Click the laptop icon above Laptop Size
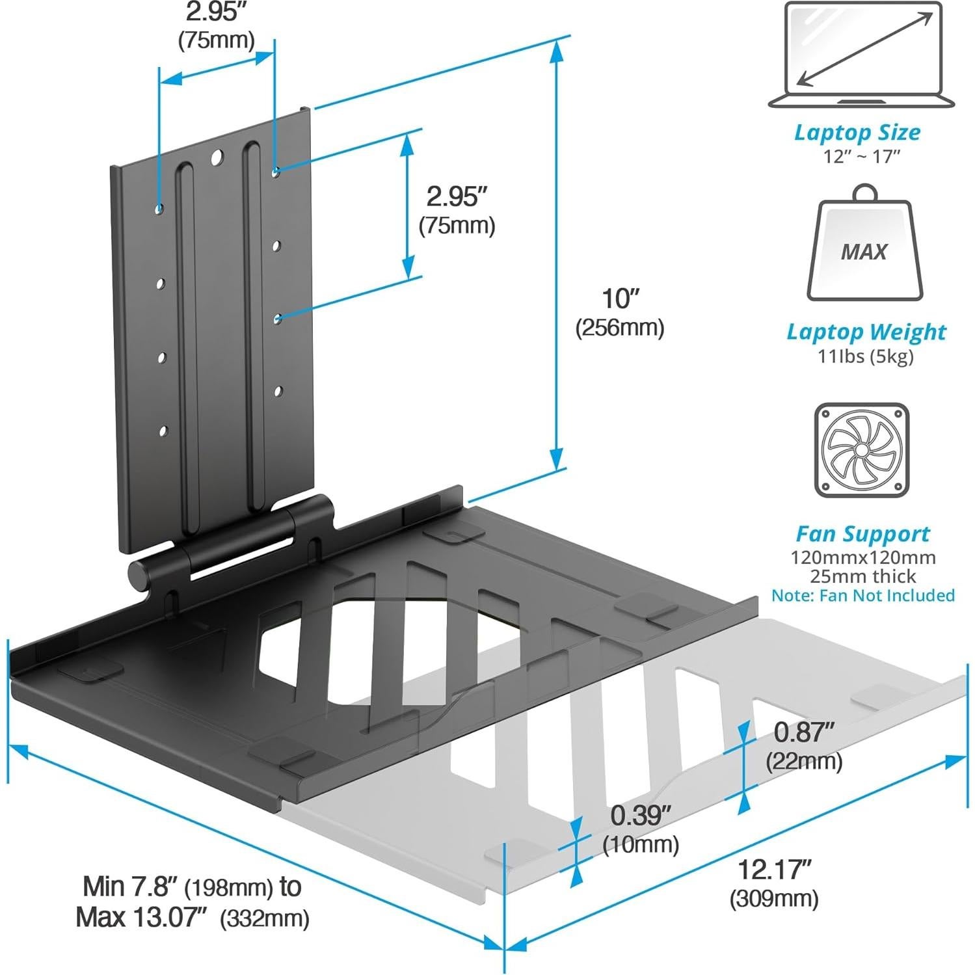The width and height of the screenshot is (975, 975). coord(862,55)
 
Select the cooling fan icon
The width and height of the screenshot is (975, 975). coord(861,450)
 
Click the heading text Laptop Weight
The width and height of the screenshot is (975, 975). coord(866,332)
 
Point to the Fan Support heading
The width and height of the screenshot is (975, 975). coord(862,534)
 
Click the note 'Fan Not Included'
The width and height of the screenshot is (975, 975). coord(862,595)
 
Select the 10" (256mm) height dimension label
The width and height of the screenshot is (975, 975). coord(619,312)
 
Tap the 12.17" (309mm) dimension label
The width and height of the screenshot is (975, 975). coord(774,883)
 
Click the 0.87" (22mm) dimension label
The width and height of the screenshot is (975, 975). coord(804,745)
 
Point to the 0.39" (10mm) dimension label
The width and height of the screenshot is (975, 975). coord(641,829)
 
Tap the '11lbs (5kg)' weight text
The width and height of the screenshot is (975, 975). coord(865,356)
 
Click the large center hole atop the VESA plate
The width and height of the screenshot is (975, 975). coord(217,157)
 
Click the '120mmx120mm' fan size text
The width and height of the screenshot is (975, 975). coord(862,557)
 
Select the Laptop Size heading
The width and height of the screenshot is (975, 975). coord(857,132)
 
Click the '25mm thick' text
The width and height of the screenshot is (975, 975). coord(862,576)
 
